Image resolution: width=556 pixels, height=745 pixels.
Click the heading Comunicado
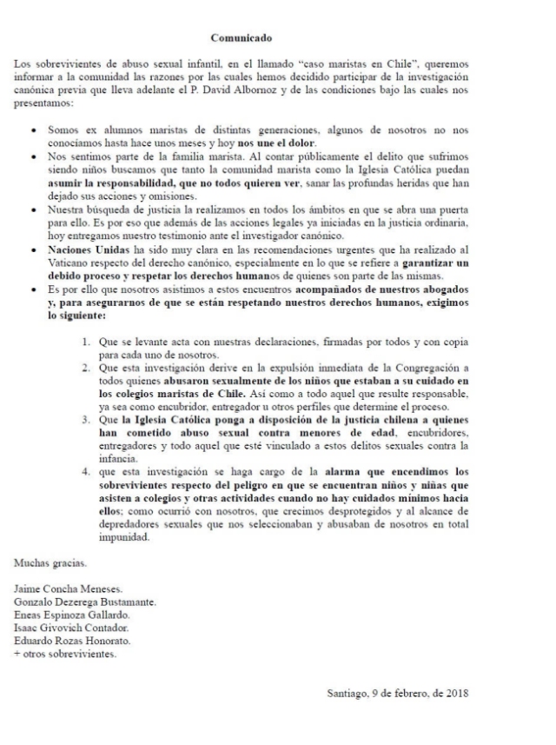click(x=242, y=37)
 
